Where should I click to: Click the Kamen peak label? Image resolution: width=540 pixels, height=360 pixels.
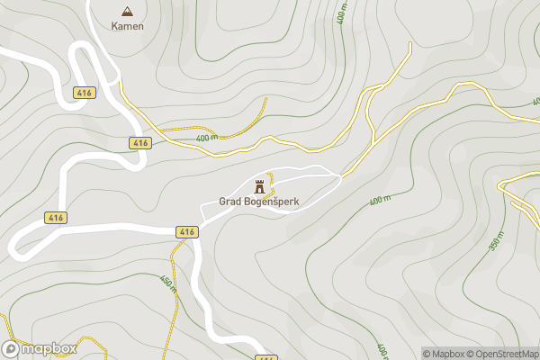click(x=127, y=26)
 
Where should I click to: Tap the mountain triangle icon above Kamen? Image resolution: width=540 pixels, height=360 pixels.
click(x=127, y=12)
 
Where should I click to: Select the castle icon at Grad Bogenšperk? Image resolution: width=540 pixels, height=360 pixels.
click(x=260, y=186)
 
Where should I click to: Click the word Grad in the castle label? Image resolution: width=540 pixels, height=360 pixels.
click(x=229, y=202)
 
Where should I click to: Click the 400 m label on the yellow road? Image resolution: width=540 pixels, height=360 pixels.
click(x=206, y=138)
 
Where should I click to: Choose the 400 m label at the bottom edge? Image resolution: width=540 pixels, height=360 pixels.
click(x=382, y=350)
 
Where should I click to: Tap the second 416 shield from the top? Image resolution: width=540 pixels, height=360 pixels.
click(x=139, y=143)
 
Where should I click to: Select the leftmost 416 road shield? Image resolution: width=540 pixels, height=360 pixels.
click(x=55, y=218)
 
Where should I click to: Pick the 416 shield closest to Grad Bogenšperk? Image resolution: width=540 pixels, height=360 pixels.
click(x=186, y=232)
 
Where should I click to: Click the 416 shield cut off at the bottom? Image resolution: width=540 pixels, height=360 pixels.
click(x=265, y=357)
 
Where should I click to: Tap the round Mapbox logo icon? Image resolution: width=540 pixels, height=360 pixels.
click(x=12, y=348)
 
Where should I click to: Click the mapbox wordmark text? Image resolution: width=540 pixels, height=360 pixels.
click(x=49, y=348)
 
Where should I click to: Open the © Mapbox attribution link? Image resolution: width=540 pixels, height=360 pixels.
click(x=446, y=354)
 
